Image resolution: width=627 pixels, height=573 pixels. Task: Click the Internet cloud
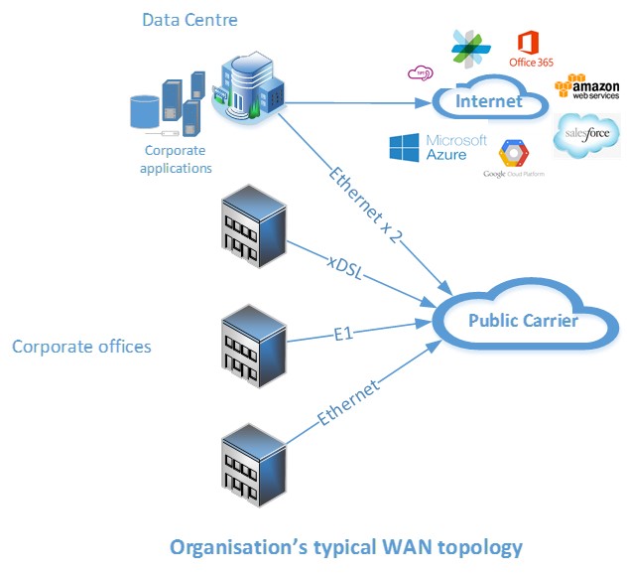pos(490,101)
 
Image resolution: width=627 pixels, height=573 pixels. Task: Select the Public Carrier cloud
pos(522,321)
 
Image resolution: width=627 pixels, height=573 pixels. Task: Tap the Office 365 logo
pos(531,50)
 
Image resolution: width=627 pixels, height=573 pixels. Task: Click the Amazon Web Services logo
pos(588,85)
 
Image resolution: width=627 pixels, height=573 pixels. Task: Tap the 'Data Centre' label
pos(189,19)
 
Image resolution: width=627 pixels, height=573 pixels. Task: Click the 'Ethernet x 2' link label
pos(367,203)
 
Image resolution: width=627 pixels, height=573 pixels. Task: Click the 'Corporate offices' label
pos(81,347)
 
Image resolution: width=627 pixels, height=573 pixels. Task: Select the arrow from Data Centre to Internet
pos(358,99)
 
